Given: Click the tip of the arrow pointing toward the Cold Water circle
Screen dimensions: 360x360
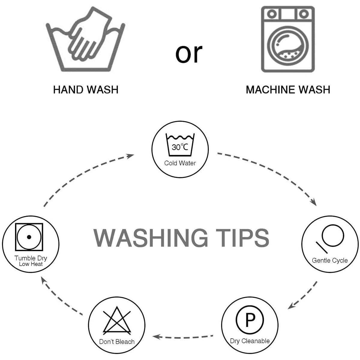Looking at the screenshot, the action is [134, 155].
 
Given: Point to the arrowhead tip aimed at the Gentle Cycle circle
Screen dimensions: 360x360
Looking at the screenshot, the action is [316, 206].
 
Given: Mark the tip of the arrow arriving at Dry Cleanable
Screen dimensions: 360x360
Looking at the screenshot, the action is [288, 309].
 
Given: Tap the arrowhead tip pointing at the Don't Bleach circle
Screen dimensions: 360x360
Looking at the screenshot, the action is [153, 337].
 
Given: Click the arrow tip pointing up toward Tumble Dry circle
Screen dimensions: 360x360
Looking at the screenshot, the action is [41, 277].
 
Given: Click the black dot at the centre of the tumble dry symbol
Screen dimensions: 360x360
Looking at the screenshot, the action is [29, 237].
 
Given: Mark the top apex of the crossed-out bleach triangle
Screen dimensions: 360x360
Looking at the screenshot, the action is [117, 307].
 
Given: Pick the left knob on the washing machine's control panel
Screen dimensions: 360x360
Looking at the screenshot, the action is [272, 14].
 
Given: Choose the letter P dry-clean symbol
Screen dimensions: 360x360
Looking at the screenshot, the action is [250, 320].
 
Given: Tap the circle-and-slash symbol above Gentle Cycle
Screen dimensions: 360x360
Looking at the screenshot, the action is [329, 239].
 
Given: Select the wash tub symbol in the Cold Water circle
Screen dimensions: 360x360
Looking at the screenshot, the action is [180, 145].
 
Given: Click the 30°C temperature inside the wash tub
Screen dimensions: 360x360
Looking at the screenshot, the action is [180, 147].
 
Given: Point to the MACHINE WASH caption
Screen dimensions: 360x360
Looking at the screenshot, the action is [288, 90].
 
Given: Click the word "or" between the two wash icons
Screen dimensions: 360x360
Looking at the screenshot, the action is [189, 54].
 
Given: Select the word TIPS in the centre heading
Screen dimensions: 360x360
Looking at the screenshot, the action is [242, 238].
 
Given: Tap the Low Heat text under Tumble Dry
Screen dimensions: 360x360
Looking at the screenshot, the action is [31, 264].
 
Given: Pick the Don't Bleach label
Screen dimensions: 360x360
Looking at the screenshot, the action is [117, 342].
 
